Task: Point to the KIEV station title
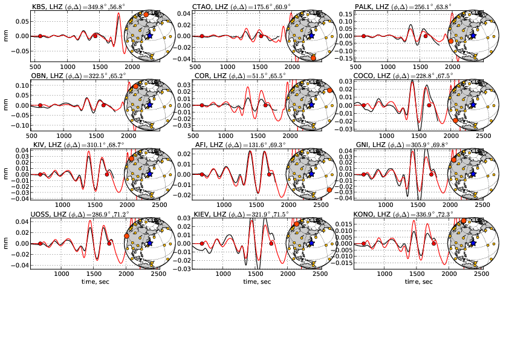click(x=237, y=214)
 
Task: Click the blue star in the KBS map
click(x=150, y=36)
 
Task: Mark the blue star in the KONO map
click(x=472, y=243)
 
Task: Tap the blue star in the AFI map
click(x=311, y=174)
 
